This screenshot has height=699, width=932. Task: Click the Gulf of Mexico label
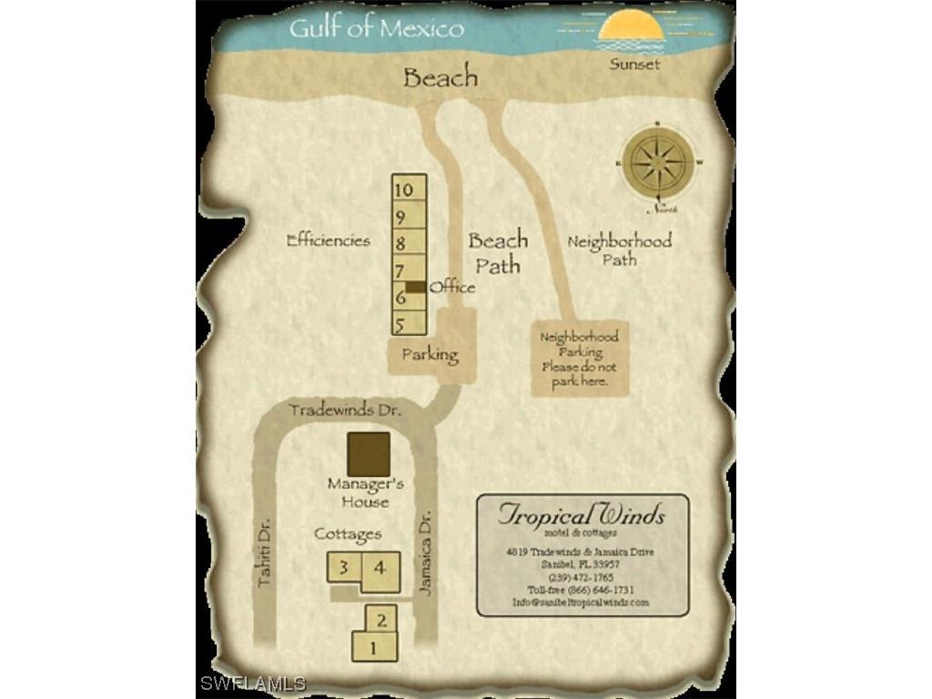pos(376,28)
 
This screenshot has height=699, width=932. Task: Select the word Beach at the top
pos(441,77)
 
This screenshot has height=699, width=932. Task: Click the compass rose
pos(659,163)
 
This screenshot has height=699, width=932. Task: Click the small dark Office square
pos(415,287)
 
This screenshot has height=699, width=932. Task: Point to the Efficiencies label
pos(329,241)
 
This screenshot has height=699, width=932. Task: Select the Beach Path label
pos(498,252)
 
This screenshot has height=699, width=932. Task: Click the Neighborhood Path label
pos(619,250)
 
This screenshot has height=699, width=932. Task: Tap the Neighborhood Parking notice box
pos(579,360)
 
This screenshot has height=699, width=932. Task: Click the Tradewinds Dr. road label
pos(345,410)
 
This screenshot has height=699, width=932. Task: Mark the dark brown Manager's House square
pos(369,453)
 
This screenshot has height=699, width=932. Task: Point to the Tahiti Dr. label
pos(265,552)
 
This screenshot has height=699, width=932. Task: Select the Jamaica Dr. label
pos(425,552)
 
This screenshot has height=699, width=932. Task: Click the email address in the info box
pos(581,603)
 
